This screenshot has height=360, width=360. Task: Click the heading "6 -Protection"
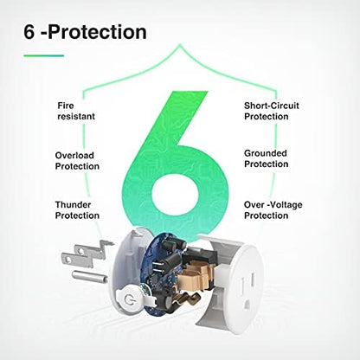[x=85, y=32]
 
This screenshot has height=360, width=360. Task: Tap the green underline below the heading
[x=44, y=55]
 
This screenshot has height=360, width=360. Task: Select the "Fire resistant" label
[x=76, y=111]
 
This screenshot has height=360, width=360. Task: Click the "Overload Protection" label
[x=77, y=161]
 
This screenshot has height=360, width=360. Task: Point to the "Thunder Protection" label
[x=77, y=210]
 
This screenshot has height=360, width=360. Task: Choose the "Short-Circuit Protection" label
[x=272, y=111]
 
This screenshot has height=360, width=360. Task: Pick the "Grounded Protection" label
[x=266, y=158]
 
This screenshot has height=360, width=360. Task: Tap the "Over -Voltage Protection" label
[x=273, y=210]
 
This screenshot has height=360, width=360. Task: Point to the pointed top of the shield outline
[x=180, y=44]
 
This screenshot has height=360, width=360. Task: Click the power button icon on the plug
[x=128, y=300]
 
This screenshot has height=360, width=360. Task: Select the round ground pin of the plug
[x=89, y=276]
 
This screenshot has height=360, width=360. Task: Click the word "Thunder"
[x=73, y=205]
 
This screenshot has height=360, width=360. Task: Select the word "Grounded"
[x=266, y=153]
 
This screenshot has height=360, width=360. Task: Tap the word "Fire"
[x=66, y=106]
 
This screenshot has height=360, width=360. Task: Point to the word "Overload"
[x=74, y=156]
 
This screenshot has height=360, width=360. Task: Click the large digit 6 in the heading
[x=29, y=32]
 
